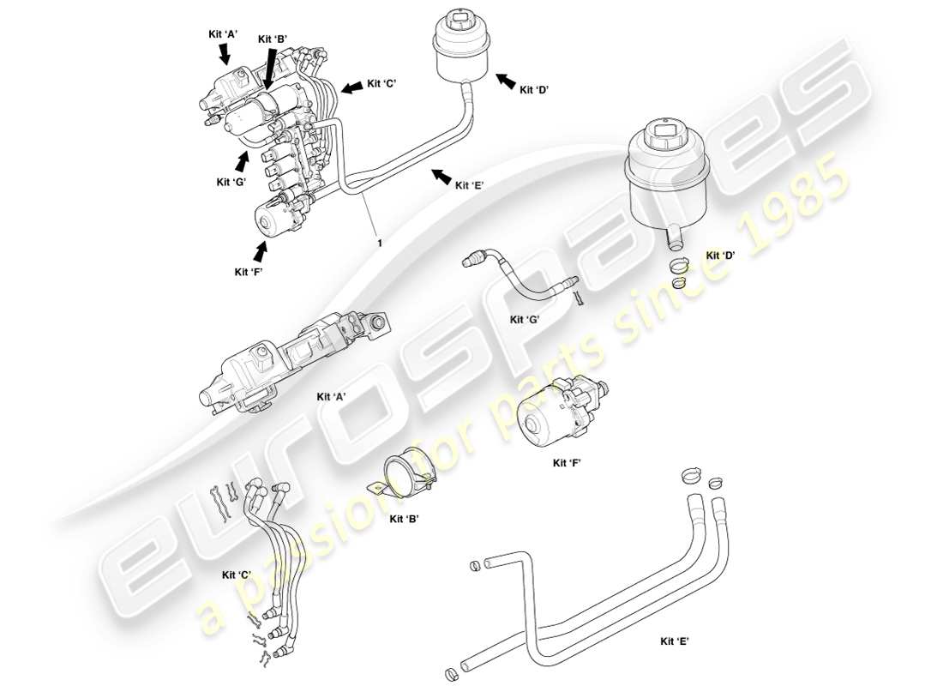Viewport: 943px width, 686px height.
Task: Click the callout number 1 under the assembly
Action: [377, 243]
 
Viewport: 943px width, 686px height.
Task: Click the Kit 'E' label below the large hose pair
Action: [676, 641]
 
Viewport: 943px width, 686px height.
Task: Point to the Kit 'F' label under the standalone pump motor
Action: [568, 462]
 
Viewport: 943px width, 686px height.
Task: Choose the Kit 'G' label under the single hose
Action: [525, 320]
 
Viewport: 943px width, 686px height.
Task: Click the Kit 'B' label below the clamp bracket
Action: [404, 519]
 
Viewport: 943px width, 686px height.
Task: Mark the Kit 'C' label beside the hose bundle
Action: [237, 575]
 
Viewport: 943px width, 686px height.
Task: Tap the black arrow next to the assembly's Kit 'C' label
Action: [351, 87]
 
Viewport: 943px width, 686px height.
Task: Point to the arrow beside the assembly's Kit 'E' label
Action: [441, 177]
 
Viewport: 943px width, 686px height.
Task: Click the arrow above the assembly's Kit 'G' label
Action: [243, 160]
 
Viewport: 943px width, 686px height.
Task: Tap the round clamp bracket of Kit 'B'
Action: [402, 477]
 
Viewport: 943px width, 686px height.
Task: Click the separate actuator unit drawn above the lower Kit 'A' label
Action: [291, 361]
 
